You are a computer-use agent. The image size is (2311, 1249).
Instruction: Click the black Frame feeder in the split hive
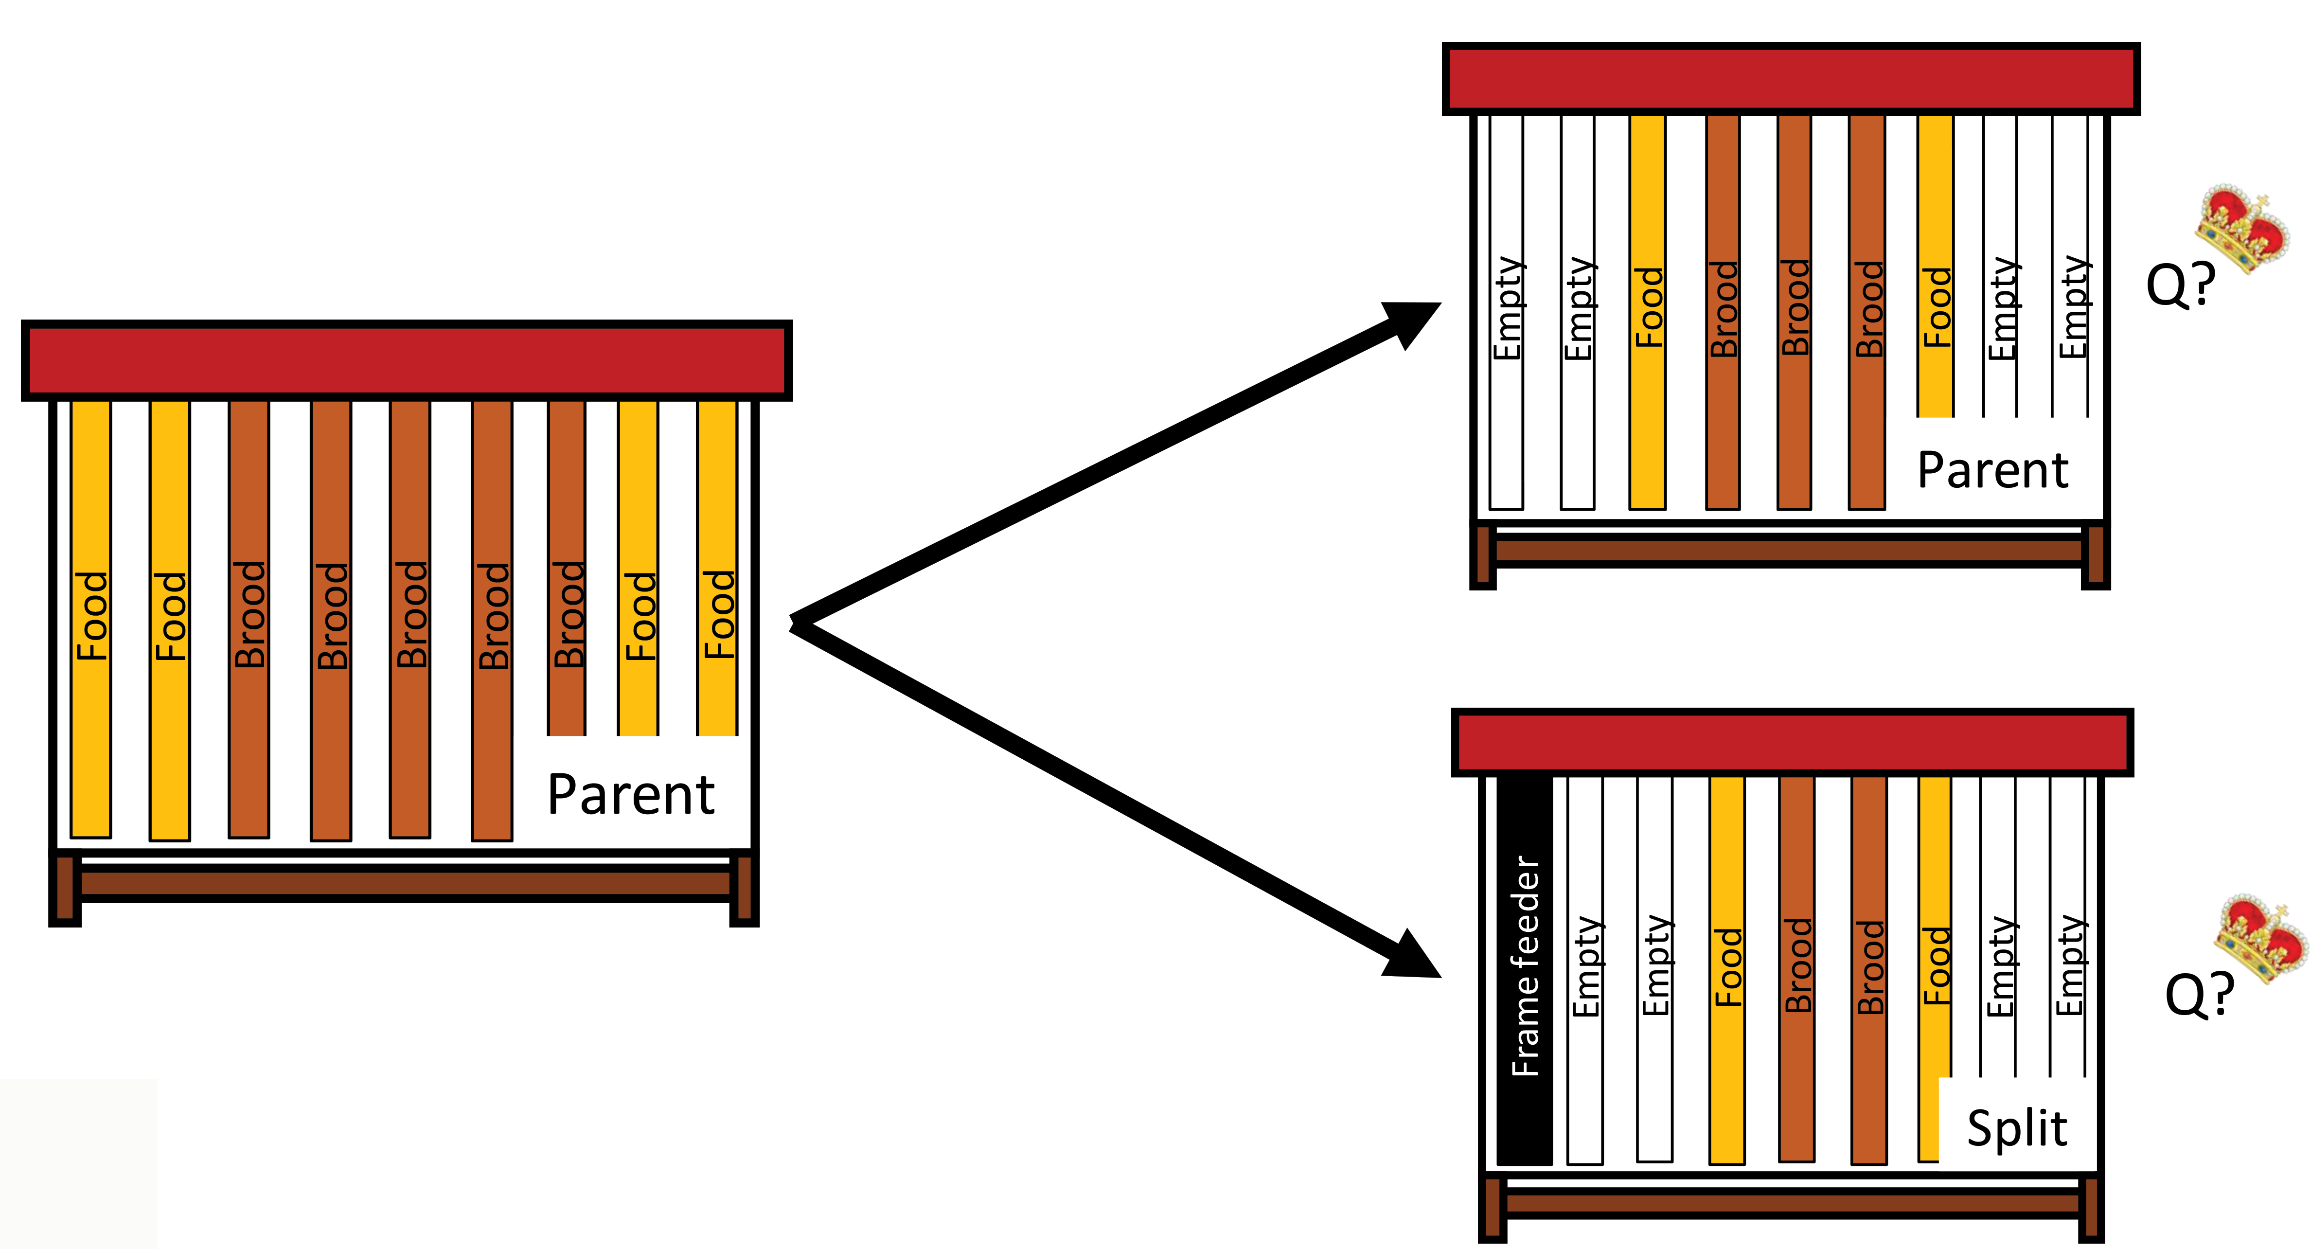click(1524, 969)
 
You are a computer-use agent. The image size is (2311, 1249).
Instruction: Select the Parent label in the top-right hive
click(1992, 470)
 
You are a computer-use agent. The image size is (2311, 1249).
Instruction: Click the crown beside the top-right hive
click(2240, 228)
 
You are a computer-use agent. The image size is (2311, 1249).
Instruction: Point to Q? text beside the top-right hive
click(2180, 286)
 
